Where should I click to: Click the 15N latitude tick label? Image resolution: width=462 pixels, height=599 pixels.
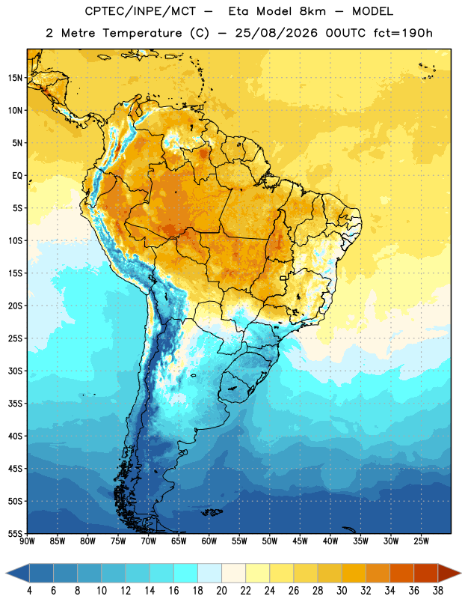pos(15,78)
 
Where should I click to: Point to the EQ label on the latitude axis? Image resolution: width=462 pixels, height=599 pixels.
pos(17,176)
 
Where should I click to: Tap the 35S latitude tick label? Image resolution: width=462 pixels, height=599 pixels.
pos(15,404)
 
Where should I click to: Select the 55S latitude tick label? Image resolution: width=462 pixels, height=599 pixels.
pos(15,533)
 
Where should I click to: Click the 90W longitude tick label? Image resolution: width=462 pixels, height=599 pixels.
pos(27,541)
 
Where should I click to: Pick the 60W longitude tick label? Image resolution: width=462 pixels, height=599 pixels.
pos(209,541)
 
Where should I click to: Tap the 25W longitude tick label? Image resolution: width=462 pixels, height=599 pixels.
pos(421,541)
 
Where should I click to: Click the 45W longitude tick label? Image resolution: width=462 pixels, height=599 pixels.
pos(300,541)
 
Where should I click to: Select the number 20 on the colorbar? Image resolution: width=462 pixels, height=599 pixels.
pos(221,591)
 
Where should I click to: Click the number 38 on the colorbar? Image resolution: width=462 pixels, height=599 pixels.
pos(437,591)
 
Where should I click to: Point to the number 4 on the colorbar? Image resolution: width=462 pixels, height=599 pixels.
pos(29,591)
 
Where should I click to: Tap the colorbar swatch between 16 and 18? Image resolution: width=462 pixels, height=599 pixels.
pos(185,573)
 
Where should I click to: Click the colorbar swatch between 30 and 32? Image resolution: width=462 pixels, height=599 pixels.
pos(354,573)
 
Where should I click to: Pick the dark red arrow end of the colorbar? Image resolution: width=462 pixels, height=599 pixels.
pos(449,573)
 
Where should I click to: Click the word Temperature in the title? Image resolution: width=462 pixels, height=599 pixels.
pos(142,33)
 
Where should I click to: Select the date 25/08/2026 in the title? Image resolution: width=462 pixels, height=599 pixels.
pos(276,33)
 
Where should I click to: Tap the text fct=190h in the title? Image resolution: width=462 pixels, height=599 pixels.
pos(403,33)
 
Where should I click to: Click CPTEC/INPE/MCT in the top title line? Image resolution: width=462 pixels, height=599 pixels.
pos(140,11)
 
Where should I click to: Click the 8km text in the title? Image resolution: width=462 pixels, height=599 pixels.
pos(312,11)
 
